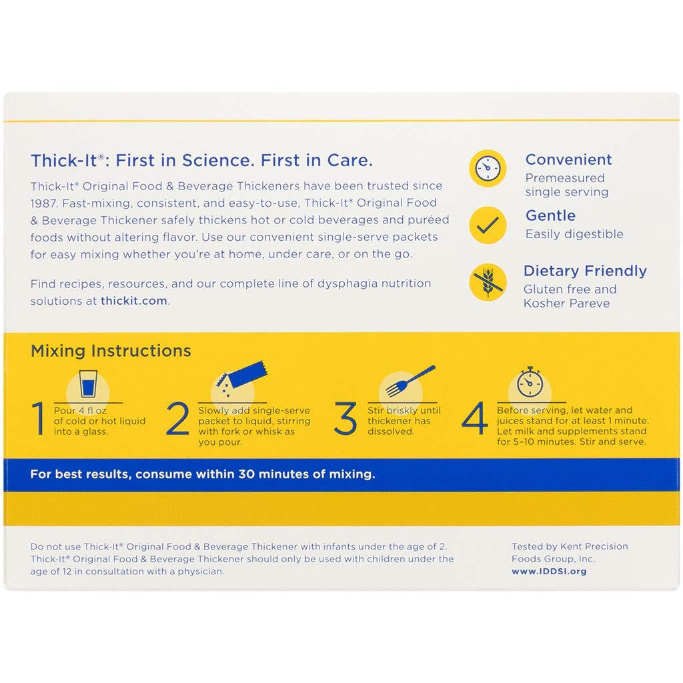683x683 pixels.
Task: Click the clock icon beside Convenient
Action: [x=490, y=168]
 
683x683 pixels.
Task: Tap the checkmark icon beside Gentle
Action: [x=490, y=225]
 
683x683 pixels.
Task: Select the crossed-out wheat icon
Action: [x=490, y=281]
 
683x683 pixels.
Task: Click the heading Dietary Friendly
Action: [x=585, y=271]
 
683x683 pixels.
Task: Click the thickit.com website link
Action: [x=134, y=301]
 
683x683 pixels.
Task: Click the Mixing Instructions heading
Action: [x=111, y=351]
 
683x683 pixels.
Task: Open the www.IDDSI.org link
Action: [x=549, y=572]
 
